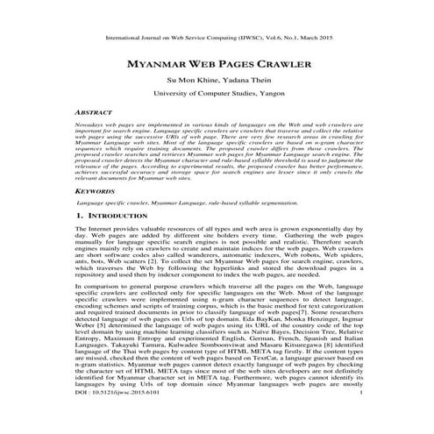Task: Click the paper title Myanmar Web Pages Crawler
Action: (217, 65)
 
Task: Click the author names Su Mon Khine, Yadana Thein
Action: (217, 81)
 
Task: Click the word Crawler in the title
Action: (278, 65)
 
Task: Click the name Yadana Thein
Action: (247, 81)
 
